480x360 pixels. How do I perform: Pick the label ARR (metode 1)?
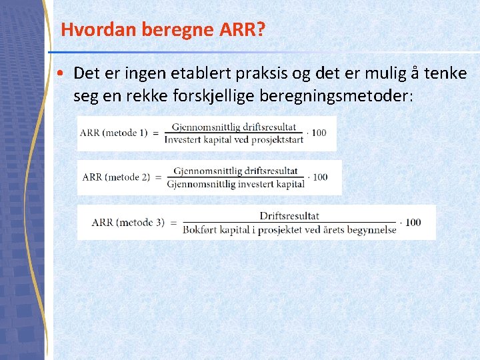(x=113, y=133)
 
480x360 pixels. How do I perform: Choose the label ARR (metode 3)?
(x=128, y=223)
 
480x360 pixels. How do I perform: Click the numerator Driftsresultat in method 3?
(x=289, y=216)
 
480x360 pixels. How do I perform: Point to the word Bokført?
(x=200, y=229)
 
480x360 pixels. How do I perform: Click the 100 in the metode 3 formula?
(x=413, y=223)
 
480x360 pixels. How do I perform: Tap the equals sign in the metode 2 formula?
(x=158, y=177)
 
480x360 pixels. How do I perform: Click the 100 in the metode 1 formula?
(x=319, y=133)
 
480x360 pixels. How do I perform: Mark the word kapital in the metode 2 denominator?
(x=290, y=184)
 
